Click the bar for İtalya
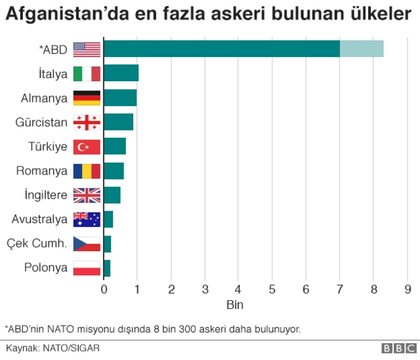(x=121, y=73)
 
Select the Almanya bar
(x=120, y=98)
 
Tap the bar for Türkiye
(x=114, y=146)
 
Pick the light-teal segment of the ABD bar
(x=362, y=49)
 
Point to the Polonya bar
(x=107, y=268)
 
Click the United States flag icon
(x=87, y=49)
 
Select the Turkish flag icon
(x=87, y=146)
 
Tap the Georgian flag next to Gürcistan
(x=87, y=122)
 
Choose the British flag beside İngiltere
(x=87, y=195)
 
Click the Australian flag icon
(x=87, y=219)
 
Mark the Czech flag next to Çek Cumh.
(x=87, y=243)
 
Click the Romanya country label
(x=42, y=170)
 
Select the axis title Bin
(x=234, y=305)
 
